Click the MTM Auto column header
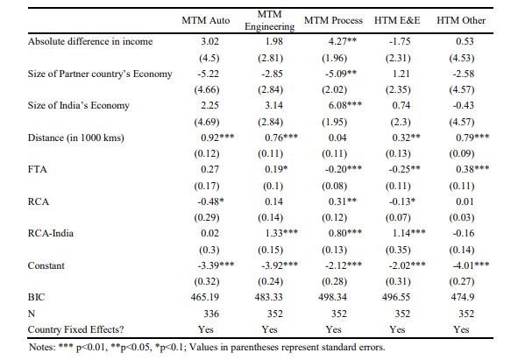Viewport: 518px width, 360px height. (205, 20)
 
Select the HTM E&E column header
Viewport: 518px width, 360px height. (397, 20)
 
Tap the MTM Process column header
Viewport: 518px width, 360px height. (333, 20)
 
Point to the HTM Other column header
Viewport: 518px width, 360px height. (461, 20)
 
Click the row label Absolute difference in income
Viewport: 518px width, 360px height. (90, 41)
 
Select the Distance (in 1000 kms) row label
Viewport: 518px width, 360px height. (76, 138)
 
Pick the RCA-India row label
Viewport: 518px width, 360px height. (51, 233)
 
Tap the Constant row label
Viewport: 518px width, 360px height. (46, 265)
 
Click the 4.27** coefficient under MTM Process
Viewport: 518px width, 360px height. (343, 41)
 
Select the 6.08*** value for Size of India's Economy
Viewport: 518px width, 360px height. (344, 105)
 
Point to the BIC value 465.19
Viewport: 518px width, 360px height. (205, 297)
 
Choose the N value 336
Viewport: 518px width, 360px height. (211, 313)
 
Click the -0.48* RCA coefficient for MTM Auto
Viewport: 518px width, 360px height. (210, 201)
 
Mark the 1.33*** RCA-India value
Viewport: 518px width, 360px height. (281, 233)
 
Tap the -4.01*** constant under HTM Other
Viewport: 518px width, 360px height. (471, 265)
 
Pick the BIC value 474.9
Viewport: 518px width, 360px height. (463, 297)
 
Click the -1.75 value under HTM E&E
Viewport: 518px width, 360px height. (400, 41)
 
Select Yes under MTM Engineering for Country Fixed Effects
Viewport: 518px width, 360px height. (270, 329)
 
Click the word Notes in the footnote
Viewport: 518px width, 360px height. (42, 347)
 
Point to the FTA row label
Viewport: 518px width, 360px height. (38, 169)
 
